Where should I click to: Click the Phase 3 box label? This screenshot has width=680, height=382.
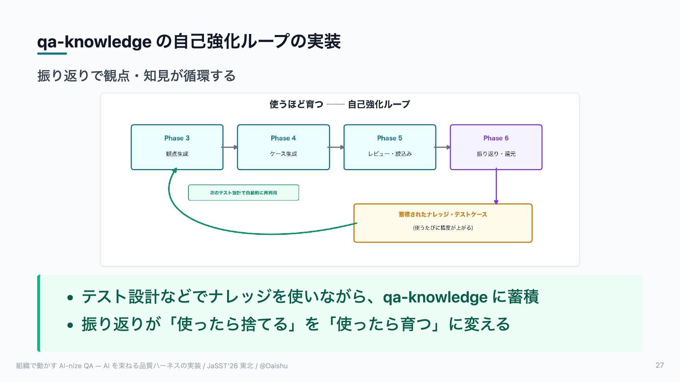(x=177, y=138)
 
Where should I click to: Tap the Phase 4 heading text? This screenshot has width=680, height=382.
(x=283, y=138)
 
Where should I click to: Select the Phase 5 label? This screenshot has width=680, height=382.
(x=390, y=138)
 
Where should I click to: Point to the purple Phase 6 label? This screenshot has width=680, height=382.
(x=496, y=138)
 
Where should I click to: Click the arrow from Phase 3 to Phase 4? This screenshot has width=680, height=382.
(x=230, y=147)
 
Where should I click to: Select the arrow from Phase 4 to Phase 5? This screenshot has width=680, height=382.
(x=336, y=147)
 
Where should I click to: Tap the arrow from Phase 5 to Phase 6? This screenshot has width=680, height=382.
(x=442, y=147)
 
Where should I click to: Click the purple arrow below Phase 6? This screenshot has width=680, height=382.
(x=496, y=186)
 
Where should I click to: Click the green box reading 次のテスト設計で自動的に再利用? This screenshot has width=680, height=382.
(x=243, y=192)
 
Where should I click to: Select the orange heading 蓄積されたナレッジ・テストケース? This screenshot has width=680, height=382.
(x=443, y=214)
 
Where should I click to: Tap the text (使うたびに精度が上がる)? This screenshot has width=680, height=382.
(x=443, y=227)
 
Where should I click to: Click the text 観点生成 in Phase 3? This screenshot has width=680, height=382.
(x=177, y=154)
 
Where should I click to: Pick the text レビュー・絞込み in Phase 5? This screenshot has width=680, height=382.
(x=390, y=154)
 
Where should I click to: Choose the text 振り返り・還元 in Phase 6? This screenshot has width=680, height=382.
(x=496, y=154)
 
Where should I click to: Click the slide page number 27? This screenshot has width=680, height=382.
(x=659, y=365)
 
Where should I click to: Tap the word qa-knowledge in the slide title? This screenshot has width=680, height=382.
(x=94, y=42)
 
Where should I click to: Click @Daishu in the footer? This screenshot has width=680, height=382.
(x=273, y=366)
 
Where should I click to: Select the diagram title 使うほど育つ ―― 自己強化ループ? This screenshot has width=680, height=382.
(x=340, y=104)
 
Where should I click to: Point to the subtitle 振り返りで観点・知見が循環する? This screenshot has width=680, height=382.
(x=136, y=76)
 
